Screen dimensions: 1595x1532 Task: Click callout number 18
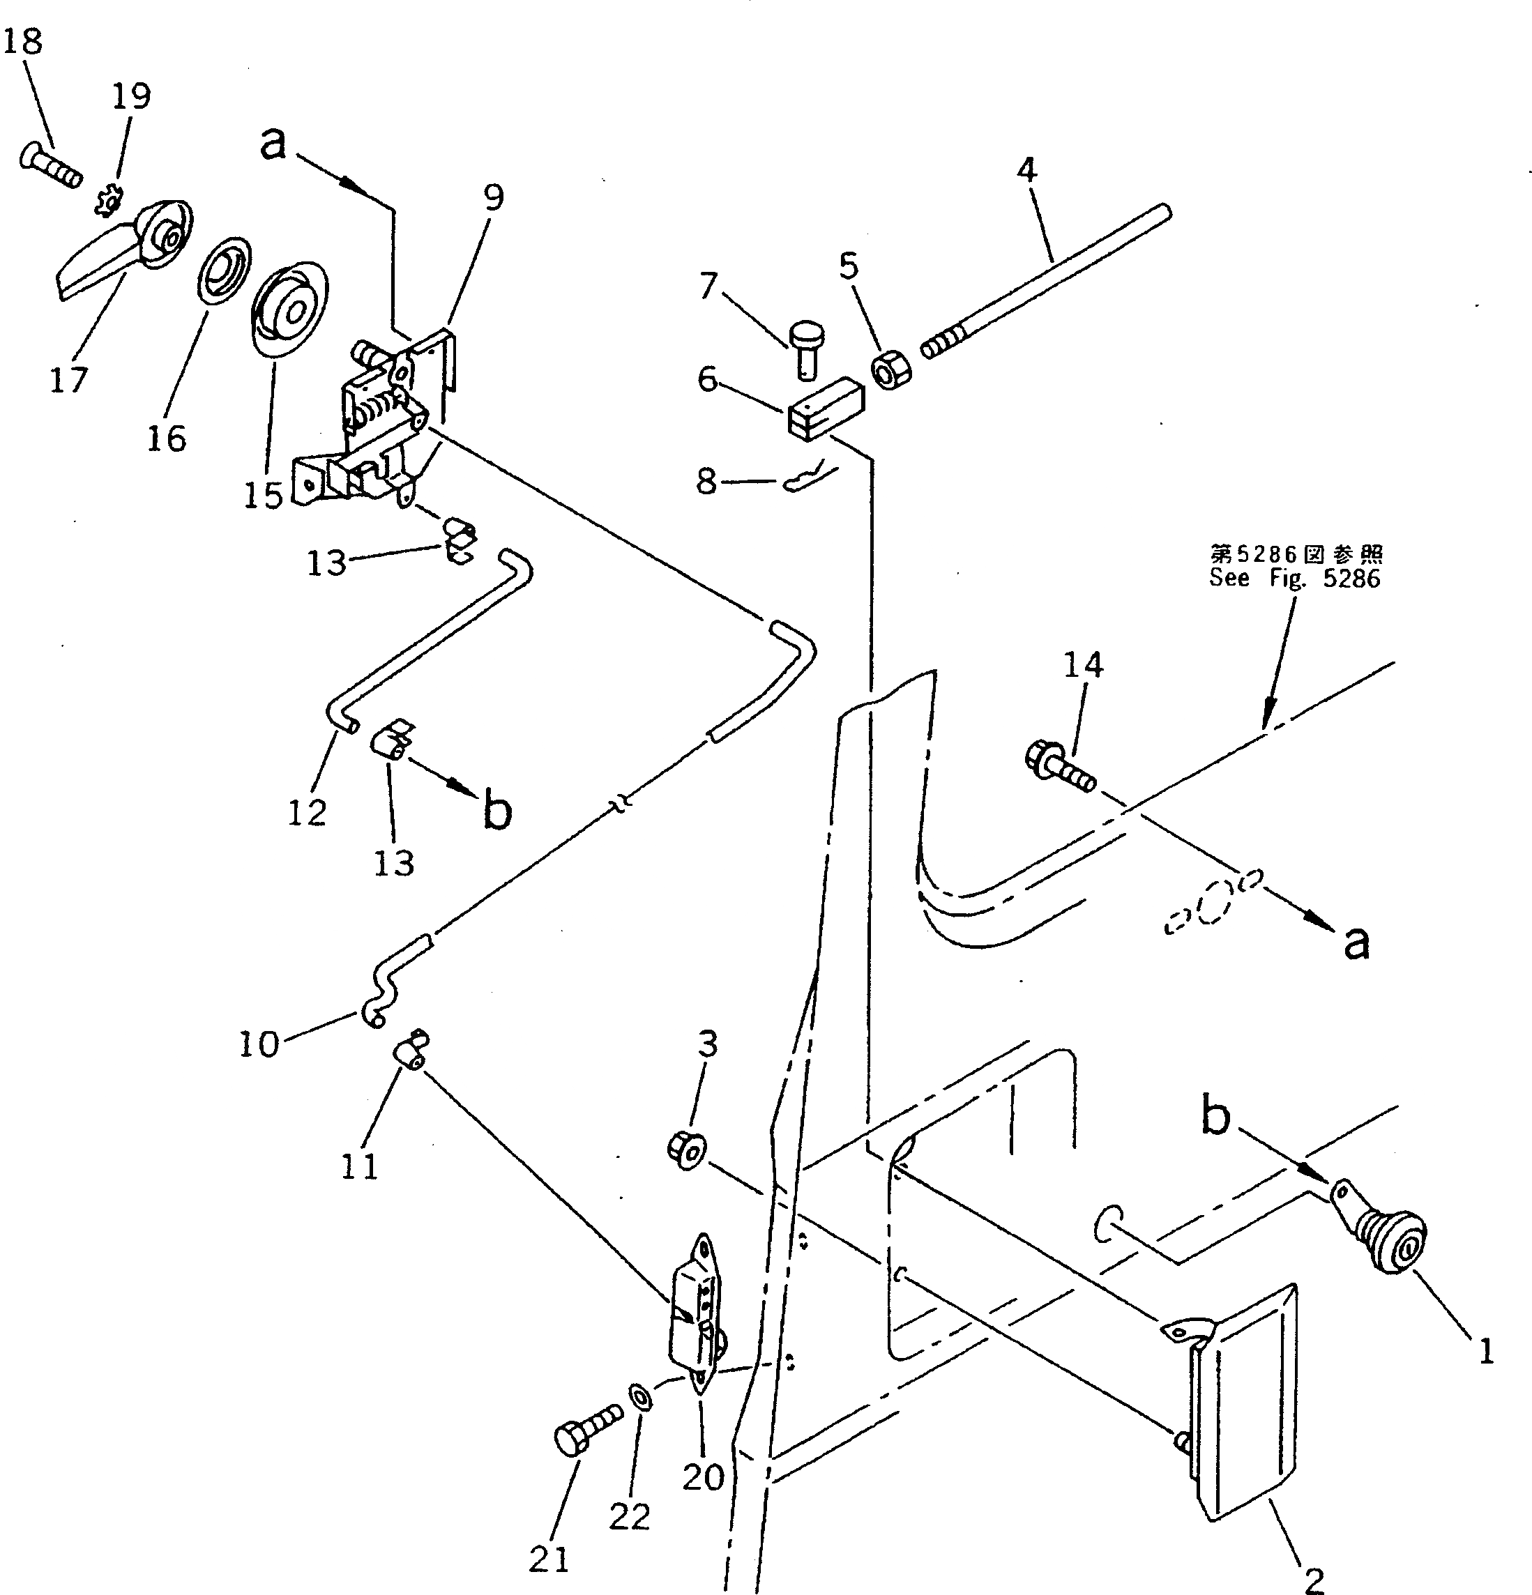point(23,40)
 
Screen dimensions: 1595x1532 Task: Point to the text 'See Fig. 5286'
point(1294,578)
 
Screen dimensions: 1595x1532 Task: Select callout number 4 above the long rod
point(1026,171)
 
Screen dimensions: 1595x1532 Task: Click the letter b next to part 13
point(496,811)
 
